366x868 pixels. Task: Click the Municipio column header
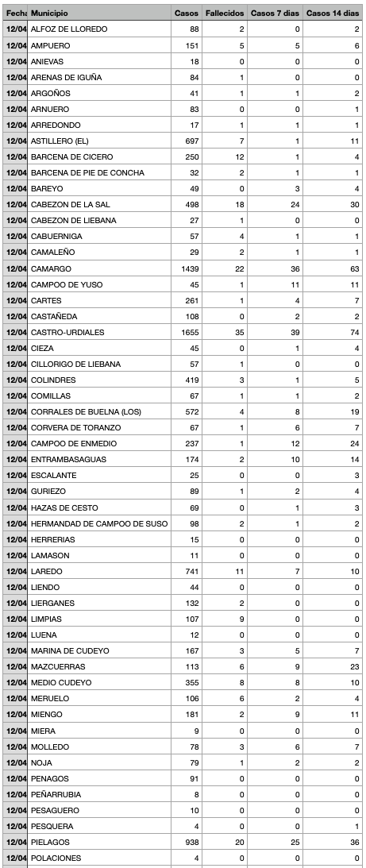tap(49, 14)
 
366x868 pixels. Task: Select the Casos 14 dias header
tap(333, 14)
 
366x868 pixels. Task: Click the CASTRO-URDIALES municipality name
tap(71, 332)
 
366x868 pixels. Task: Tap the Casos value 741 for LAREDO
tap(191, 571)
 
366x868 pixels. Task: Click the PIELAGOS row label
tap(51, 842)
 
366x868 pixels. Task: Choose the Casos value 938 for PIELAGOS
tap(191, 842)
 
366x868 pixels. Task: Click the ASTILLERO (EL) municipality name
tap(60, 141)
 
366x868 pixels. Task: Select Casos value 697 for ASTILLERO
tap(191, 141)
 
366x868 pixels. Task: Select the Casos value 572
tap(191, 411)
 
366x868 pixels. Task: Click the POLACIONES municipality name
tap(57, 858)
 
